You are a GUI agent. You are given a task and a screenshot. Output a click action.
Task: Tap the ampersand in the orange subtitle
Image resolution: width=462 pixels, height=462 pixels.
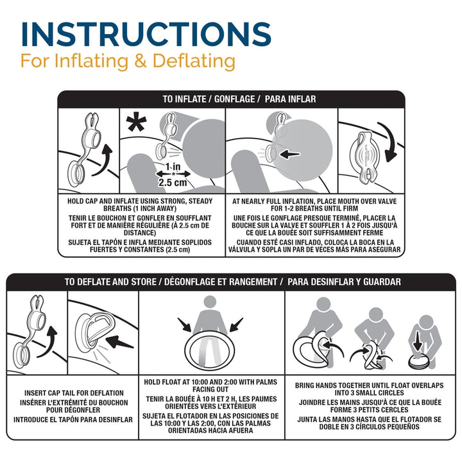click(141, 61)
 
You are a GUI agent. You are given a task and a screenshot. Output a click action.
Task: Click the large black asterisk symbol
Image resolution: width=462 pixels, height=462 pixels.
click(136, 123)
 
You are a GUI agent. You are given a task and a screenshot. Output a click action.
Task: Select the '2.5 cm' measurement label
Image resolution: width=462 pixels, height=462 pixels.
click(173, 182)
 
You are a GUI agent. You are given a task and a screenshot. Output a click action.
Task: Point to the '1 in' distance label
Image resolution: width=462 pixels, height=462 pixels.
click(173, 167)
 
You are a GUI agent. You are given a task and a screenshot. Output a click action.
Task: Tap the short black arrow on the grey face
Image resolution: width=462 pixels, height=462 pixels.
click(290, 154)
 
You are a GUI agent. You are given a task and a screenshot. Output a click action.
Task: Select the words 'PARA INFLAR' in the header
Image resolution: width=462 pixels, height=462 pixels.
click(290, 99)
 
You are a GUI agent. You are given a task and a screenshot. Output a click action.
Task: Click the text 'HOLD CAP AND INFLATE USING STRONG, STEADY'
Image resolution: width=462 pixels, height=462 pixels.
click(140, 201)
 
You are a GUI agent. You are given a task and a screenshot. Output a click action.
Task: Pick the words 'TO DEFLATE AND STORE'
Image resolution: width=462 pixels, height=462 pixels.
click(110, 282)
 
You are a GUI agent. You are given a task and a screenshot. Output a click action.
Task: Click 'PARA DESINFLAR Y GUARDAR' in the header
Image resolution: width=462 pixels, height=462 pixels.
click(344, 282)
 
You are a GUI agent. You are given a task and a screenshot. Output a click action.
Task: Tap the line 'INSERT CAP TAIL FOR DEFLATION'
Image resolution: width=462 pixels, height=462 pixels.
click(74, 393)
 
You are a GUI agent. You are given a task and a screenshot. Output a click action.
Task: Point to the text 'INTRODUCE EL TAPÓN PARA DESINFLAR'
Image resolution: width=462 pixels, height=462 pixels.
click(73, 420)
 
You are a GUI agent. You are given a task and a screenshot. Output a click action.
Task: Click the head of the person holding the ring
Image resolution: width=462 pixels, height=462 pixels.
click(210, 302)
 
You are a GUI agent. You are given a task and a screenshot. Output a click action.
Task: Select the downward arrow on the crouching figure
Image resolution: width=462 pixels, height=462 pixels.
click(417, 341)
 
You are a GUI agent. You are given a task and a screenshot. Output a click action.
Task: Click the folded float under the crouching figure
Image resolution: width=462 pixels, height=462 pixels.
click(420, 362)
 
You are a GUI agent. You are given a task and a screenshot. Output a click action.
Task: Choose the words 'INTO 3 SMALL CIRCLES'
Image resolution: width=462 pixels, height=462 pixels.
click(369, 393)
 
